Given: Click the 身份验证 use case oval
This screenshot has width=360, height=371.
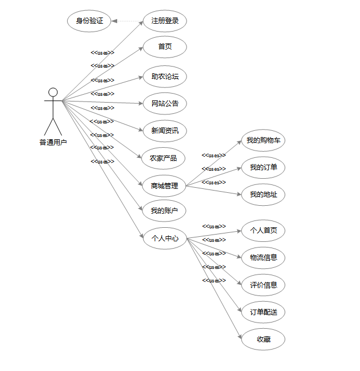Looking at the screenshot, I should coord(89,21).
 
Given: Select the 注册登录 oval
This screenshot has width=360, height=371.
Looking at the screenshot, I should coord(165,21).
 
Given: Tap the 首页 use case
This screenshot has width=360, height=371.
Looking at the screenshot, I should coord(165,47).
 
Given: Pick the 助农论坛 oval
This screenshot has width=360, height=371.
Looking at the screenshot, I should coord(165,76).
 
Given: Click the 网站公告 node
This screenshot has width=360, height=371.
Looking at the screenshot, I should coord(165,104).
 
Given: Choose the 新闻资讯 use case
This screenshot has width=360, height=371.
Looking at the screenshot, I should coord(165,131).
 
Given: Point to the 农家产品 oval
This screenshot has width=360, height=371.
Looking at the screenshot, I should coord(163,158).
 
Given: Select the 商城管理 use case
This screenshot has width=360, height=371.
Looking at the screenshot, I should coord(164,185).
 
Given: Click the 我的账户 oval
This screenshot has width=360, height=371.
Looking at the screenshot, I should coord(164,211).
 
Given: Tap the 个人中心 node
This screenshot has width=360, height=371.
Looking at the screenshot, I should coord(165,238).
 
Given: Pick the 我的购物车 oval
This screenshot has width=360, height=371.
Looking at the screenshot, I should coord(263,140).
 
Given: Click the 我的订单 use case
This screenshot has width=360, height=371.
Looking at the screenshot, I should coord(263,167).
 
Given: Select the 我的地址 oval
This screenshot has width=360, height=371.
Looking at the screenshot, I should coord(263,195).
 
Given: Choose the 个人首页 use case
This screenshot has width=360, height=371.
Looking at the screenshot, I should coord(263,230).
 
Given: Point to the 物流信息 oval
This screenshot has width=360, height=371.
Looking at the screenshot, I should coord(263,258).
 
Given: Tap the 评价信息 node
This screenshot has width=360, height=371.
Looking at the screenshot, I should coord(263,285).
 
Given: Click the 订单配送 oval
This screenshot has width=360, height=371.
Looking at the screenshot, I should coord(263,312).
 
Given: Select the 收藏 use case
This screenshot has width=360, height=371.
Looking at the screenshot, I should coord(263,339).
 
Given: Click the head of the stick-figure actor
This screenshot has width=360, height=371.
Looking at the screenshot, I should coord(53,92).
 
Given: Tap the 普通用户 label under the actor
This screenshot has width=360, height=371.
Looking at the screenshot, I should coord(53,142).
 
